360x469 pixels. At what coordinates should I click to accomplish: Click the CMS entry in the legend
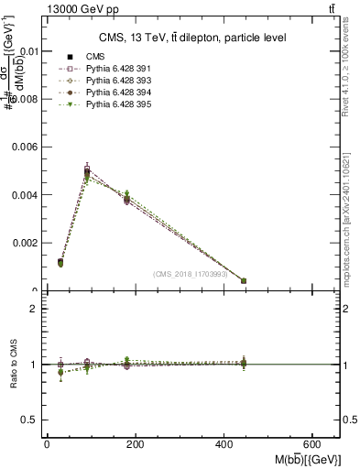(87, 57)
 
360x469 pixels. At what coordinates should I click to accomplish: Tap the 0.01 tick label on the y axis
(27, 52)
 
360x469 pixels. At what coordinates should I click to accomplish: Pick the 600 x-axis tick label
(314, 444)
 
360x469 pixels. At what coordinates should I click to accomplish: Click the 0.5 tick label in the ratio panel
(30, 420)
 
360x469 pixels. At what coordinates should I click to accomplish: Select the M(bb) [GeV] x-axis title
(306, 458)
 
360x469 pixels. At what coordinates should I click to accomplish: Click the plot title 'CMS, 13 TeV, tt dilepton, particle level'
(192, 38)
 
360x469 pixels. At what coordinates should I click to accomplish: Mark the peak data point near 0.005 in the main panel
(87, 171)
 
